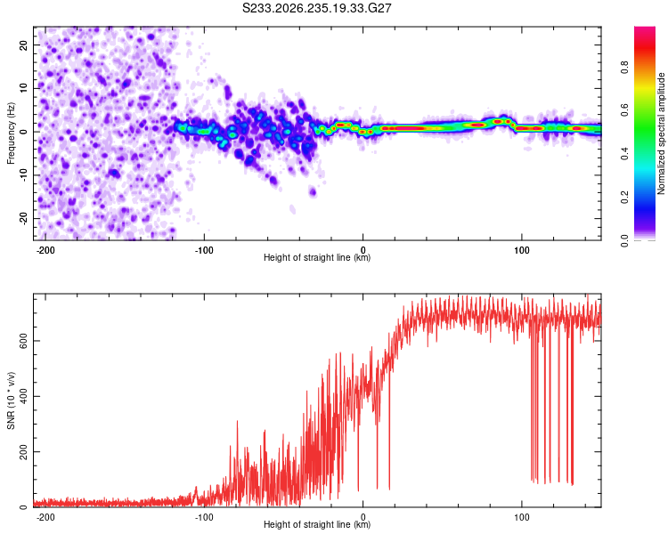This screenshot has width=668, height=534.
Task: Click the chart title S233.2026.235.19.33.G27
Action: point(316,8)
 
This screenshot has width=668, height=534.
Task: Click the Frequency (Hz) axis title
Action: point(11,133)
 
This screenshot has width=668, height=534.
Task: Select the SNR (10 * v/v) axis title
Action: point(11,400)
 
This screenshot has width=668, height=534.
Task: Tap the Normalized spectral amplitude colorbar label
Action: point(661,133)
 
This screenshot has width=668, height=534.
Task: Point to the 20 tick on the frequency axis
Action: point(23,44)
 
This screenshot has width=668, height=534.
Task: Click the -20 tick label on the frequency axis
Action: point(23,219)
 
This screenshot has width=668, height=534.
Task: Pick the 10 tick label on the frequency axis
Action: point(23,88)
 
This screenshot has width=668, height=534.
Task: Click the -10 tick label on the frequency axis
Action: point(23,175)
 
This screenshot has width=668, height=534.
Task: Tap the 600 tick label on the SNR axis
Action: point(23,341)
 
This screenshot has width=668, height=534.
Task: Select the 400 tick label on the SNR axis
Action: point(23,396)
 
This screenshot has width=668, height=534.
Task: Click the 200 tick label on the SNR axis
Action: point(23,452)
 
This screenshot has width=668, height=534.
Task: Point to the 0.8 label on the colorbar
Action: point(625,68)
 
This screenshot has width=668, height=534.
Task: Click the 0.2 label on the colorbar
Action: point(625,198)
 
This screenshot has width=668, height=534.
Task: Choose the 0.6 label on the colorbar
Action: point(625,110)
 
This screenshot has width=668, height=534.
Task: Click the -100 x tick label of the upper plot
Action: point(204,250)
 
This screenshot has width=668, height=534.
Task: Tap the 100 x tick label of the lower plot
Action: point(521,517)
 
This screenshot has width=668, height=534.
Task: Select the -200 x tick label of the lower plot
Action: point(45,517)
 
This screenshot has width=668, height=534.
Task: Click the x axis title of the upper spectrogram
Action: point(317,257)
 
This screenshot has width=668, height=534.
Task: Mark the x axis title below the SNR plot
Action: point(317,524)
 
